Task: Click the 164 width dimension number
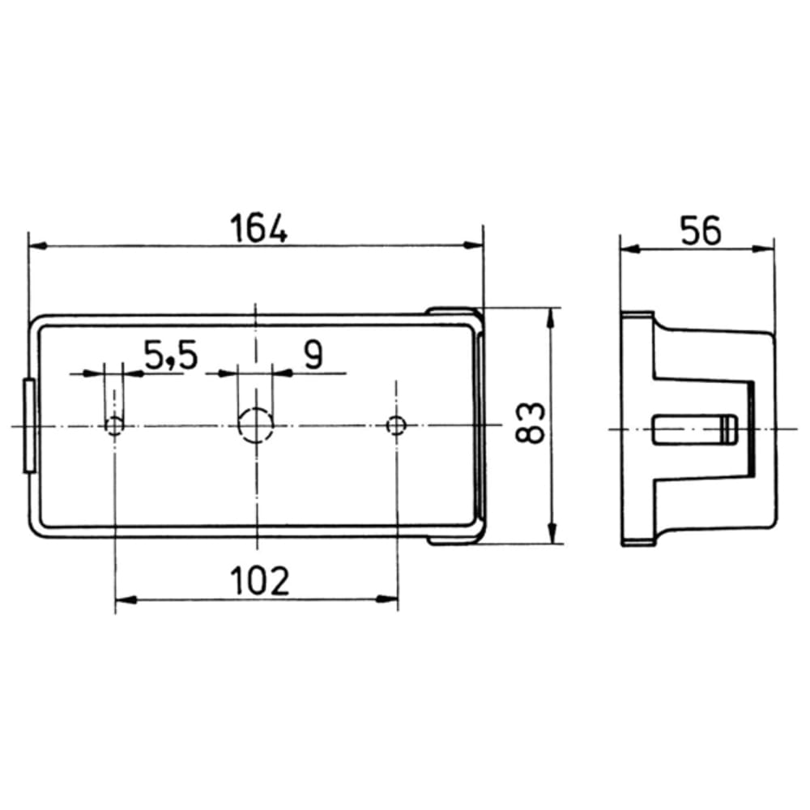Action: pyautogui.click(x=258, y=229)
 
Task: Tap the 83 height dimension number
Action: pyautogui.click(x=531, y=423)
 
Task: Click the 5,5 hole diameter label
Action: pyautogui.click(x=171, y=356)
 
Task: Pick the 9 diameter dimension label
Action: pyautogui.click(x=313, y=355)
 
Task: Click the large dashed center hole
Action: pyautogui.click(x=255, y=424)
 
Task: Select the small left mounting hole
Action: pyautogui.click(x=114, y=426)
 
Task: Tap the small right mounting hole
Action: pyautogui.click(x=396, y=425)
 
